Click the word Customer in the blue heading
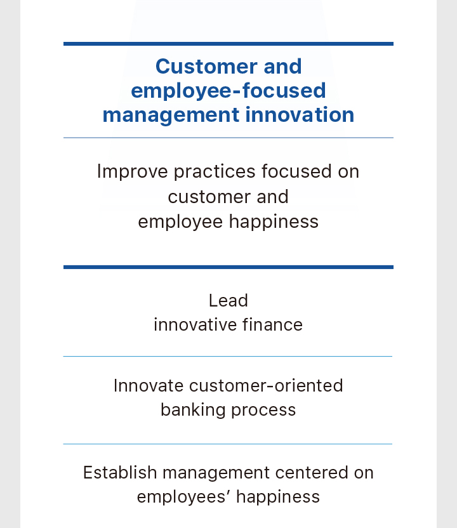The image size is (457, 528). point(206,67)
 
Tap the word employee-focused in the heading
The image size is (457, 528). point(228,91)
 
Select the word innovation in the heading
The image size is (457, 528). point(300,115)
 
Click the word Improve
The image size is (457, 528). point(133,172)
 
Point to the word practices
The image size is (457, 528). point(215,172)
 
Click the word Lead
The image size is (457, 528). point(228,300)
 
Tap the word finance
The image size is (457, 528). point(272,325)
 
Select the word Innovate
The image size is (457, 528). point(149,386)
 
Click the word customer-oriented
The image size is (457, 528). point(266,386)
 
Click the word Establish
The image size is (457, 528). point(120,472)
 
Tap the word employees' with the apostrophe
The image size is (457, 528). point(183,497)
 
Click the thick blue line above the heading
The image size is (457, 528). point(228,44)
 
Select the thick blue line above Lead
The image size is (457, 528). point(228,267)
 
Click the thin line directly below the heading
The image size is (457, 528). point(228,138)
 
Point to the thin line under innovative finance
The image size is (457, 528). point(228,356)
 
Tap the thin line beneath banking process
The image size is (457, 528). point(228,444)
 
